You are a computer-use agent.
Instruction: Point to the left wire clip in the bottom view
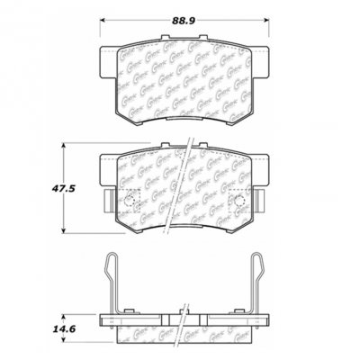click(x=112, y=283)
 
